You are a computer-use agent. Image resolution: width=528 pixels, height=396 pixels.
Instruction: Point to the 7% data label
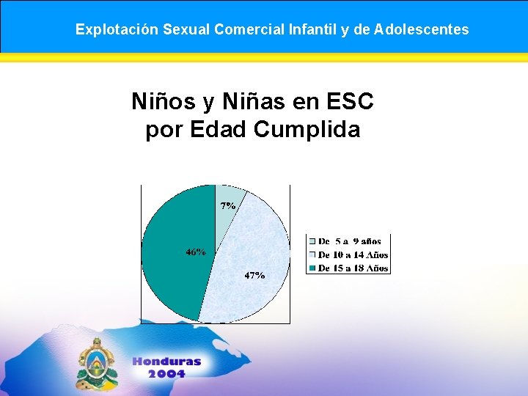[228, 206]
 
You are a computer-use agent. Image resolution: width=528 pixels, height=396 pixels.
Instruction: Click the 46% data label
[195, 252]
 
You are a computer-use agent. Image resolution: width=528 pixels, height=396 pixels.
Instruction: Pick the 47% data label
[254, 276]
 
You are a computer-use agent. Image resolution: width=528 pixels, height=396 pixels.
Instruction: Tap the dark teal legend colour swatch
[312, 268]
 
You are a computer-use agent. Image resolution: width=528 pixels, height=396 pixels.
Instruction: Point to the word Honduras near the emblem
[166, 362]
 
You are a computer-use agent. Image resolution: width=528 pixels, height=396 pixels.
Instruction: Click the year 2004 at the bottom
[166, 375]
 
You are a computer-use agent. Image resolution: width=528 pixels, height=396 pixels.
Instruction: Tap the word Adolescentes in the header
[422, 30]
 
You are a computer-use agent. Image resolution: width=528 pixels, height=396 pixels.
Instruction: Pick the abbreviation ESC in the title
[351, 102]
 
